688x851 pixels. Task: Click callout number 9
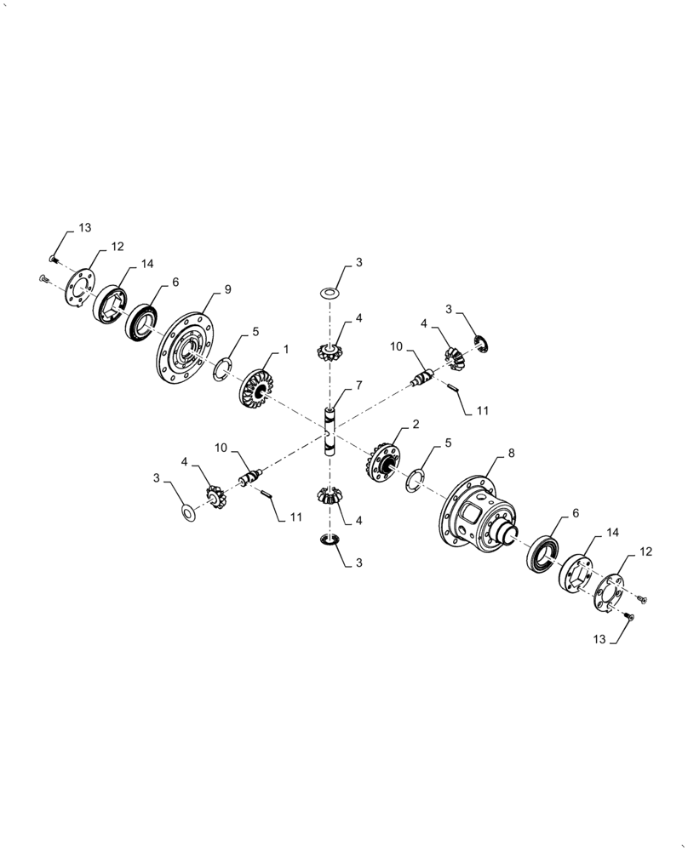pyautogui.click(x=228, y=289)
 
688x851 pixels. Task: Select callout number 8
pyautogui.click(x=511, y=454)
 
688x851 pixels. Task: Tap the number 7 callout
pyautogui.click(x=359, y=386)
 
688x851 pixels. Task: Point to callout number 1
pyautogui.click(x=286, y=350)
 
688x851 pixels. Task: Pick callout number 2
pyautogui.click(x=416, y=423)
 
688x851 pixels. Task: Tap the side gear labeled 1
pyautogui.click(x=254, y=387)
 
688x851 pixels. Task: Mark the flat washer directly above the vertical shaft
pyautogui.click(x=330, y=293)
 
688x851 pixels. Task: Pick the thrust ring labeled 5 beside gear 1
pyautogui.click(x=221, y=368)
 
